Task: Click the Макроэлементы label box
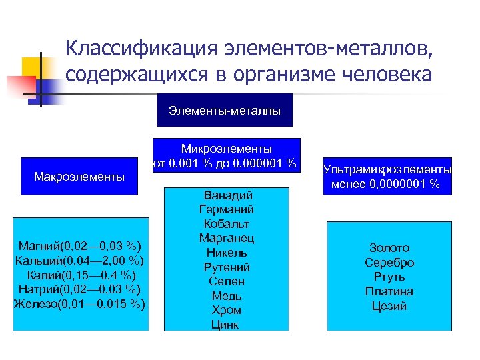[x=79, y=177]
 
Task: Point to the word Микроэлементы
[x=227, y=147]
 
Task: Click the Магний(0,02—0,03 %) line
[x=79, y=245]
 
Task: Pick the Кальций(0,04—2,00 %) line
[x=79, y=260]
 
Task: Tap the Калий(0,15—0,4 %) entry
[x=79, y=275]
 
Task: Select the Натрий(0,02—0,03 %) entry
[x=79, y=289]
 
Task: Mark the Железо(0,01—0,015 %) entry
[x=79, y=304]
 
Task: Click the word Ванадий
[x=227, y=195]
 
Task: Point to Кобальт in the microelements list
[x=227, y=224]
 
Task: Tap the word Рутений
[x=227, y=267]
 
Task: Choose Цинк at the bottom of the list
[x=227, y=325]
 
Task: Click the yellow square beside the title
[x=33, y=67]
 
